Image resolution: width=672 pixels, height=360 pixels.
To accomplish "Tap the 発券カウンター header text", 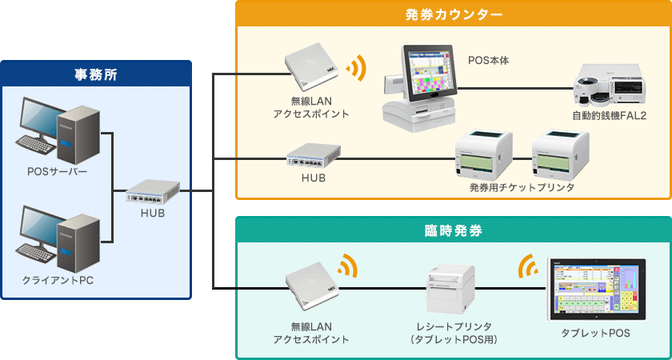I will pyautogui.click(x=453, y=14).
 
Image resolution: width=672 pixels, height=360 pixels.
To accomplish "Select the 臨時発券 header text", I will pyautogui.click(x=453, y=231).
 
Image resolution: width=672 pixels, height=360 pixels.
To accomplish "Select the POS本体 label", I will pyautogui.click(x=488, y=60).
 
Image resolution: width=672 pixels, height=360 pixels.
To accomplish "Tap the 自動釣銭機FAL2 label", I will pyautogui.click(x=609, y=116).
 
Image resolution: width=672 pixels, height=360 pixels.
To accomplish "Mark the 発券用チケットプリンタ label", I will pyautogui.click(x=522, y=187).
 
